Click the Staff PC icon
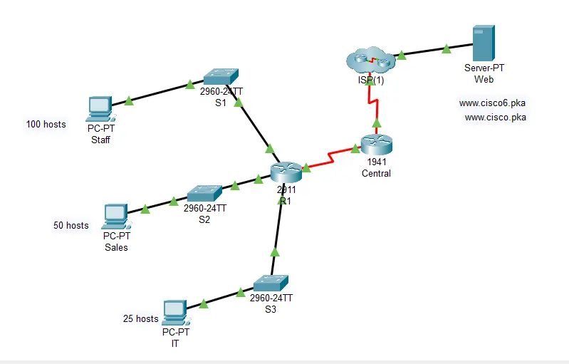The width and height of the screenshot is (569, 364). [x=100, y=109]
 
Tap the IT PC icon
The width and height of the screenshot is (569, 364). [x=173, y=311]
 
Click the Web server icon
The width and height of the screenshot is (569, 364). [x=484, y=44]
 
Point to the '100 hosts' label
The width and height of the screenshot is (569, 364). [x=46, y=125]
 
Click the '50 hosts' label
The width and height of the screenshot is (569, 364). [x=71, y=226]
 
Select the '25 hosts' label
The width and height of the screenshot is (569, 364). [x=140, y=319]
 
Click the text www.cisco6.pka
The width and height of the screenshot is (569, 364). [x=492, y=103]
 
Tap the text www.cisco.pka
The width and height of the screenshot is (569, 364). [x=495, y=118]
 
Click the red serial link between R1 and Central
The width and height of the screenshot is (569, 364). [x=331, y=157]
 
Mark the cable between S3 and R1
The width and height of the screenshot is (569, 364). [x=276, y=235]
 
